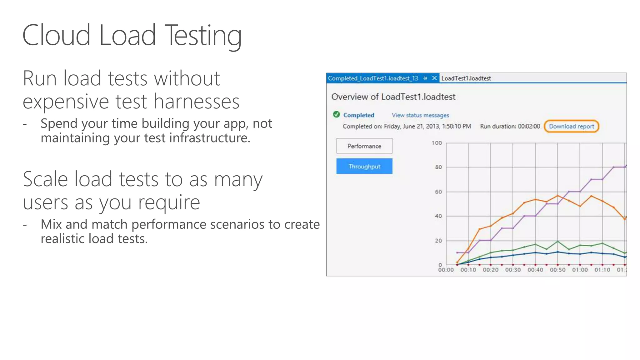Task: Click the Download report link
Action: (x=571, y=127)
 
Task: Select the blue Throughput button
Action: (x=364, y=166)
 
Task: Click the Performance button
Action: (x=364, y=146)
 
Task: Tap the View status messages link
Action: (x=420, y=115)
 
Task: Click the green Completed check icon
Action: (x=336, y=114)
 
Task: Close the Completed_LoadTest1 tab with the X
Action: (x=434, y=78)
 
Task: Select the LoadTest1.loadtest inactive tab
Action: (x=466, y=78)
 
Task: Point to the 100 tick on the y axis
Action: (x=437, y=143)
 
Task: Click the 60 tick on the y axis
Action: (x=438, y=192)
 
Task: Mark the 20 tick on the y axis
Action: (x=438, y=241)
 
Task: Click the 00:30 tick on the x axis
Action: (x=513, y=270)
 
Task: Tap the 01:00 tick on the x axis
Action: (x=580, y=270)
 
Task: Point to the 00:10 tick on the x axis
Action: (x=468, y=270)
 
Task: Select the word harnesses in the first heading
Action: (x=196, y=102)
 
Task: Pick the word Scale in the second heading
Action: (x=45, y=179)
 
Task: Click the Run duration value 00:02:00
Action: (x=529, y=127)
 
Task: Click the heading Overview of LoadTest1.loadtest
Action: (x=393, y=97)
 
